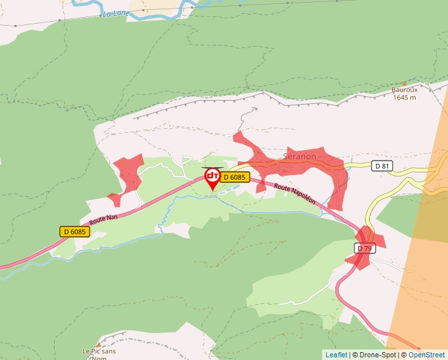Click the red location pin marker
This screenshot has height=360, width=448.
213,178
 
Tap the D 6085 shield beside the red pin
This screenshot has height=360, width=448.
234,177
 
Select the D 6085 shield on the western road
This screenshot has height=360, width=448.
74,231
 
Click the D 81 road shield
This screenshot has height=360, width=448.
382,166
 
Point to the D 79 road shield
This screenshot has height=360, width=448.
364,248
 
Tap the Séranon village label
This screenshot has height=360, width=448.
299,157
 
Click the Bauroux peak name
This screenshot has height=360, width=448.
405,90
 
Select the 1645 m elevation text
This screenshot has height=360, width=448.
405,97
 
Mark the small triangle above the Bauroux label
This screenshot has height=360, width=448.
405,84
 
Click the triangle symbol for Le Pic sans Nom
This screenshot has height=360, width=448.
98,344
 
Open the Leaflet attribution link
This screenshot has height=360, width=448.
336,355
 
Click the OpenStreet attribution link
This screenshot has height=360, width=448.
426,355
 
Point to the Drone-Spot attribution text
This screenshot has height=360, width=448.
378,355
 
